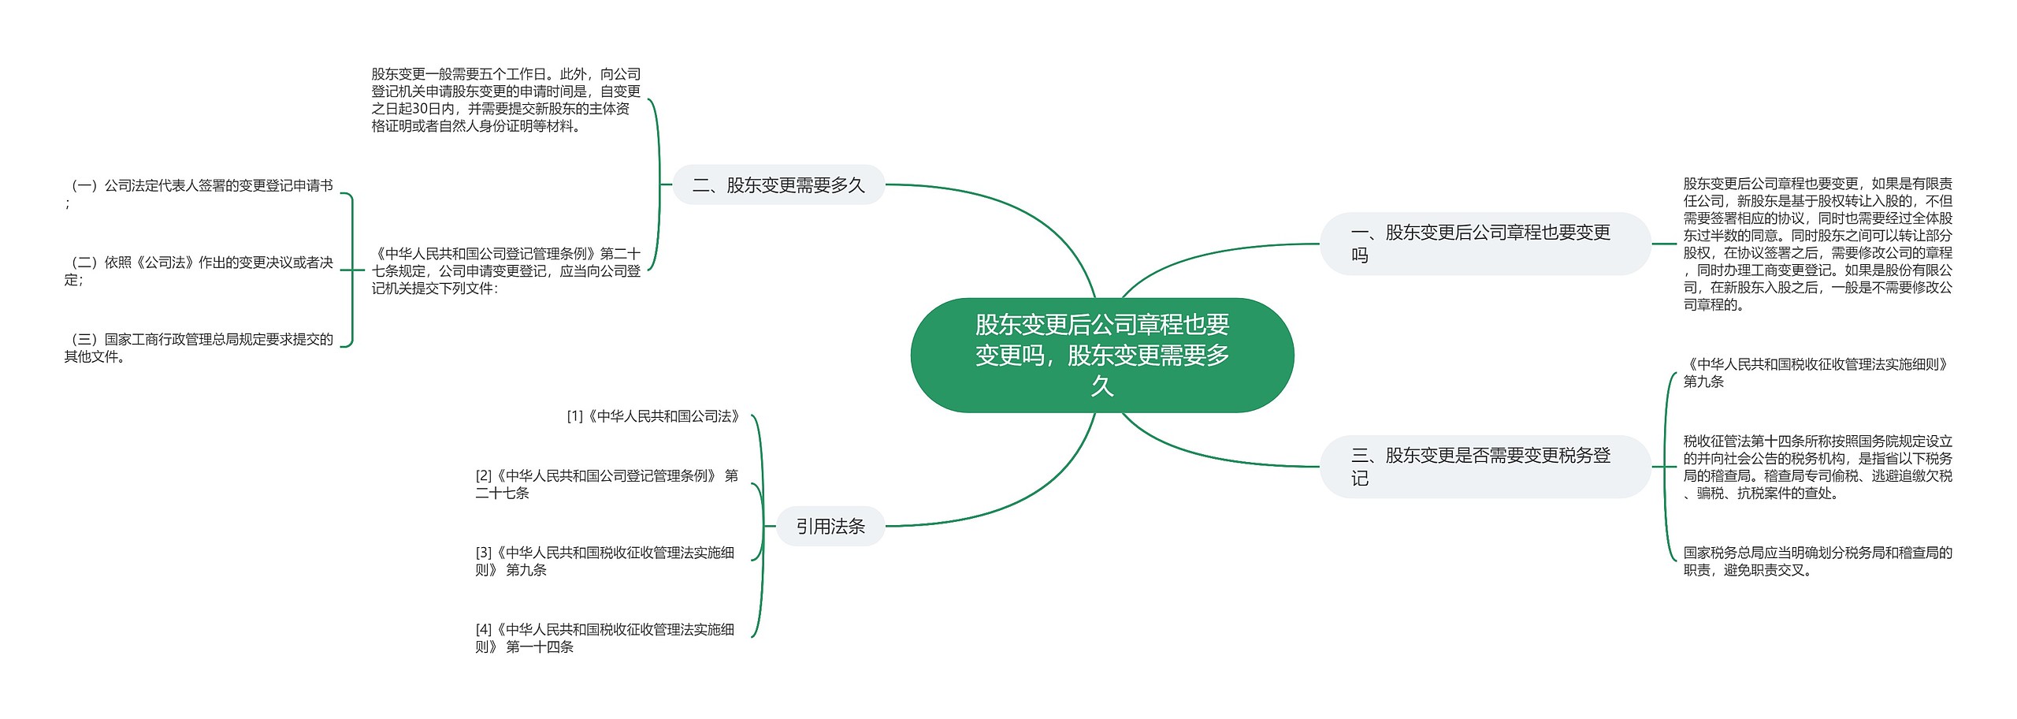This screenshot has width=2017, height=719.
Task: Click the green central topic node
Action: click(x=1101, y=355)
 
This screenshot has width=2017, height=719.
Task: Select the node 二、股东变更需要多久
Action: click(x=778, y=185)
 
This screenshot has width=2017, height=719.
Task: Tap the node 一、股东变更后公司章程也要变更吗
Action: click(x=1484, y=244)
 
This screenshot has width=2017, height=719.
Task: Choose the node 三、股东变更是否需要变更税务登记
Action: click(x=1484, y=467)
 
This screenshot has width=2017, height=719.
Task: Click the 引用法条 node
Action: click(x=830, y=527)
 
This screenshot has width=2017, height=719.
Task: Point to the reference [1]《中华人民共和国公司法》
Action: click(x=654, y=416)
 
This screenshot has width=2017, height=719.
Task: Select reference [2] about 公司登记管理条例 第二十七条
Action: click(x=607, y=484)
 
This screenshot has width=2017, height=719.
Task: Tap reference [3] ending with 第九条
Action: click(x=605, y=561)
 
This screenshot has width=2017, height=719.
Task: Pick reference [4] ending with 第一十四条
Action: click(x=605, y=638)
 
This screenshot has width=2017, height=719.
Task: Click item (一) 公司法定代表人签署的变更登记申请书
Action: click(x=200, y=193)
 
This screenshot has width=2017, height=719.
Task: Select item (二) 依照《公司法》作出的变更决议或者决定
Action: click(x=200, y=270)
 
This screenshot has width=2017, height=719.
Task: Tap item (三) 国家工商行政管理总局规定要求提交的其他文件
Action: click(x=200, y=348)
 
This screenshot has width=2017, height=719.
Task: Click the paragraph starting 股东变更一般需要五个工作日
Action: click(x=506, y=100)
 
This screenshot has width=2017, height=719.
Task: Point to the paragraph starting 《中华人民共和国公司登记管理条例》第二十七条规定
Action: click(x=506, y=270)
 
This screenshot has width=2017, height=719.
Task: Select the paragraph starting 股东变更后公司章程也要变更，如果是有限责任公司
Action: click(x=1818, y=244)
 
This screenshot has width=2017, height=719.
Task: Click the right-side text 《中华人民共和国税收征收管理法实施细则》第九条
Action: click(x=1818, y=373)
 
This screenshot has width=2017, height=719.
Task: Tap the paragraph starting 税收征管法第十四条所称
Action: click(x=1818, y=467)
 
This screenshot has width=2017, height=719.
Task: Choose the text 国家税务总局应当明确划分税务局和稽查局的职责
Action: click(x=1818, y=561)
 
